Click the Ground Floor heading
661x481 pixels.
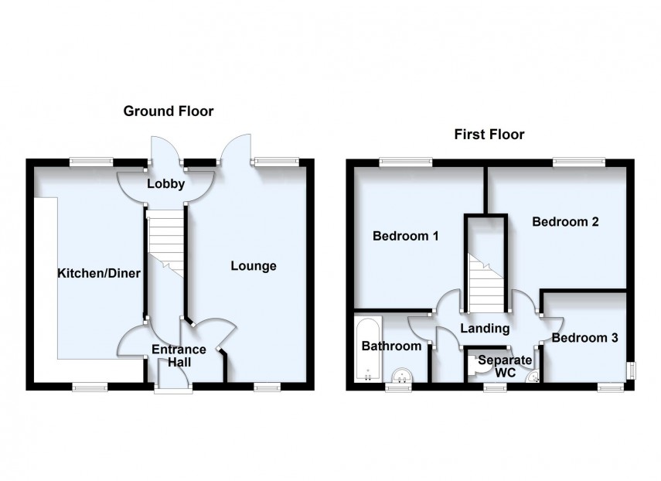(169, 111)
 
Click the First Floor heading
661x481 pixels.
(489, 135)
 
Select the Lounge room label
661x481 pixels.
(253, 266)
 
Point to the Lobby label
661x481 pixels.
(166, 184)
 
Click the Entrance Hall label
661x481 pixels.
(178, 356)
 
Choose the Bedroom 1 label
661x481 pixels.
(406, 235)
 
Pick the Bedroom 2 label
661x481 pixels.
(566, 221)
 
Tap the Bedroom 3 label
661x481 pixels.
(584, 338)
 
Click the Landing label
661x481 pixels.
(485, 329)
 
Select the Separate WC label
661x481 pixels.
(505, 367)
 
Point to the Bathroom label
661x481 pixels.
(391, 346)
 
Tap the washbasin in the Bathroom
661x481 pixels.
(401, 376)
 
